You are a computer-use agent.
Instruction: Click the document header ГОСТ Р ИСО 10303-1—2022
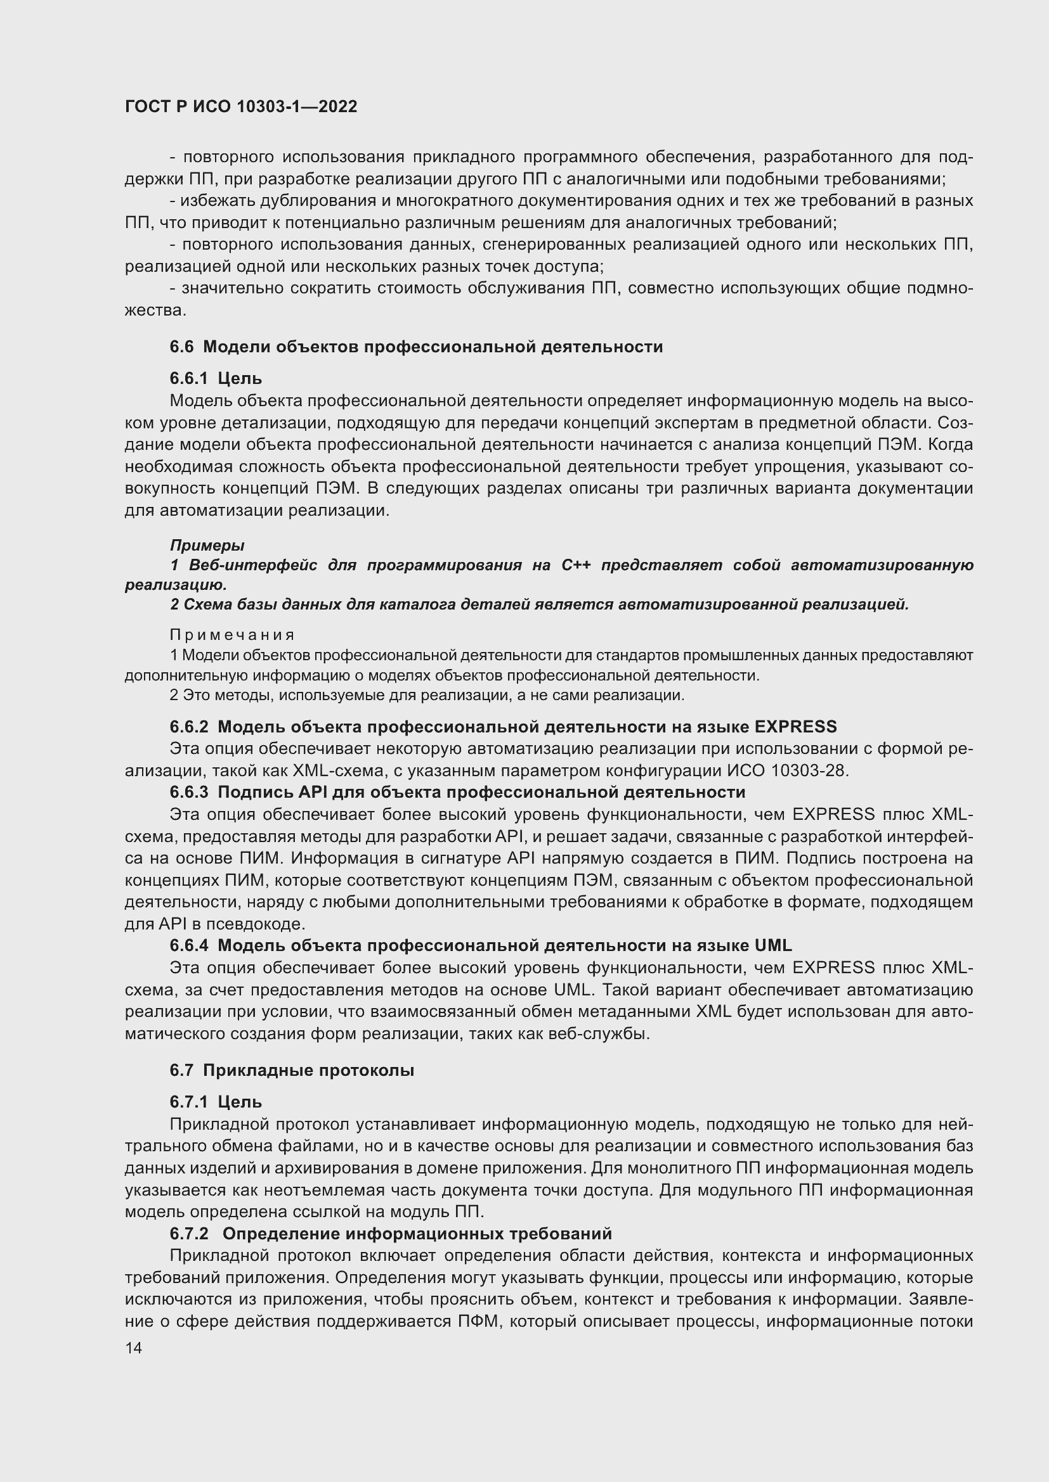point(241,107)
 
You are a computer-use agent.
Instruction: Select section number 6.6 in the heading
point(181,347)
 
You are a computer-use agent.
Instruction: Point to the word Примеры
point(207,546)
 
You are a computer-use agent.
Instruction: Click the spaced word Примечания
point(232,635)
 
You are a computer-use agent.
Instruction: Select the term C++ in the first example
point(575,565)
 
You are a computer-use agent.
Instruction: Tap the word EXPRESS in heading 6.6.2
point(795,727)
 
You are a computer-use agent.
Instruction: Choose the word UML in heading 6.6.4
point(772,945)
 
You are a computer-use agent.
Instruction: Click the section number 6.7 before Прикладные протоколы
point(181,1070)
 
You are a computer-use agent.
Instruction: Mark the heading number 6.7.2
point(189,1234)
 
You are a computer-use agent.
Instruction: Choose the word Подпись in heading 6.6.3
point(245,792)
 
